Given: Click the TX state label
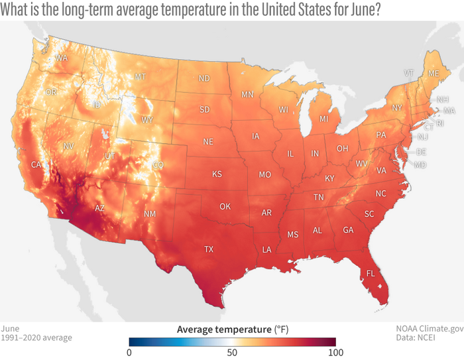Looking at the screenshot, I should point(209,250).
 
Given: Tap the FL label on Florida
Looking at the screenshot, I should point(371,273).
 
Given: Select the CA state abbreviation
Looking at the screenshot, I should point(37,164).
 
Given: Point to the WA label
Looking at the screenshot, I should point(62,58).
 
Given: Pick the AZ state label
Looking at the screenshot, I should point(99,208).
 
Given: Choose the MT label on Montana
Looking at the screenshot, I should point(141,77).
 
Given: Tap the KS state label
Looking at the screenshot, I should point(217,174).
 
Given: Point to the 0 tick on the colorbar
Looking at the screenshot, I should point(131,352).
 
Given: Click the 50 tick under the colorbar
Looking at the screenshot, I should point(232,352).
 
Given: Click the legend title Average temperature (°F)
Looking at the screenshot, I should point(232,329).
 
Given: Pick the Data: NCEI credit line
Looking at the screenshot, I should point(435,338).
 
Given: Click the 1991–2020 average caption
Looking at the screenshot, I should point(36,338).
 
